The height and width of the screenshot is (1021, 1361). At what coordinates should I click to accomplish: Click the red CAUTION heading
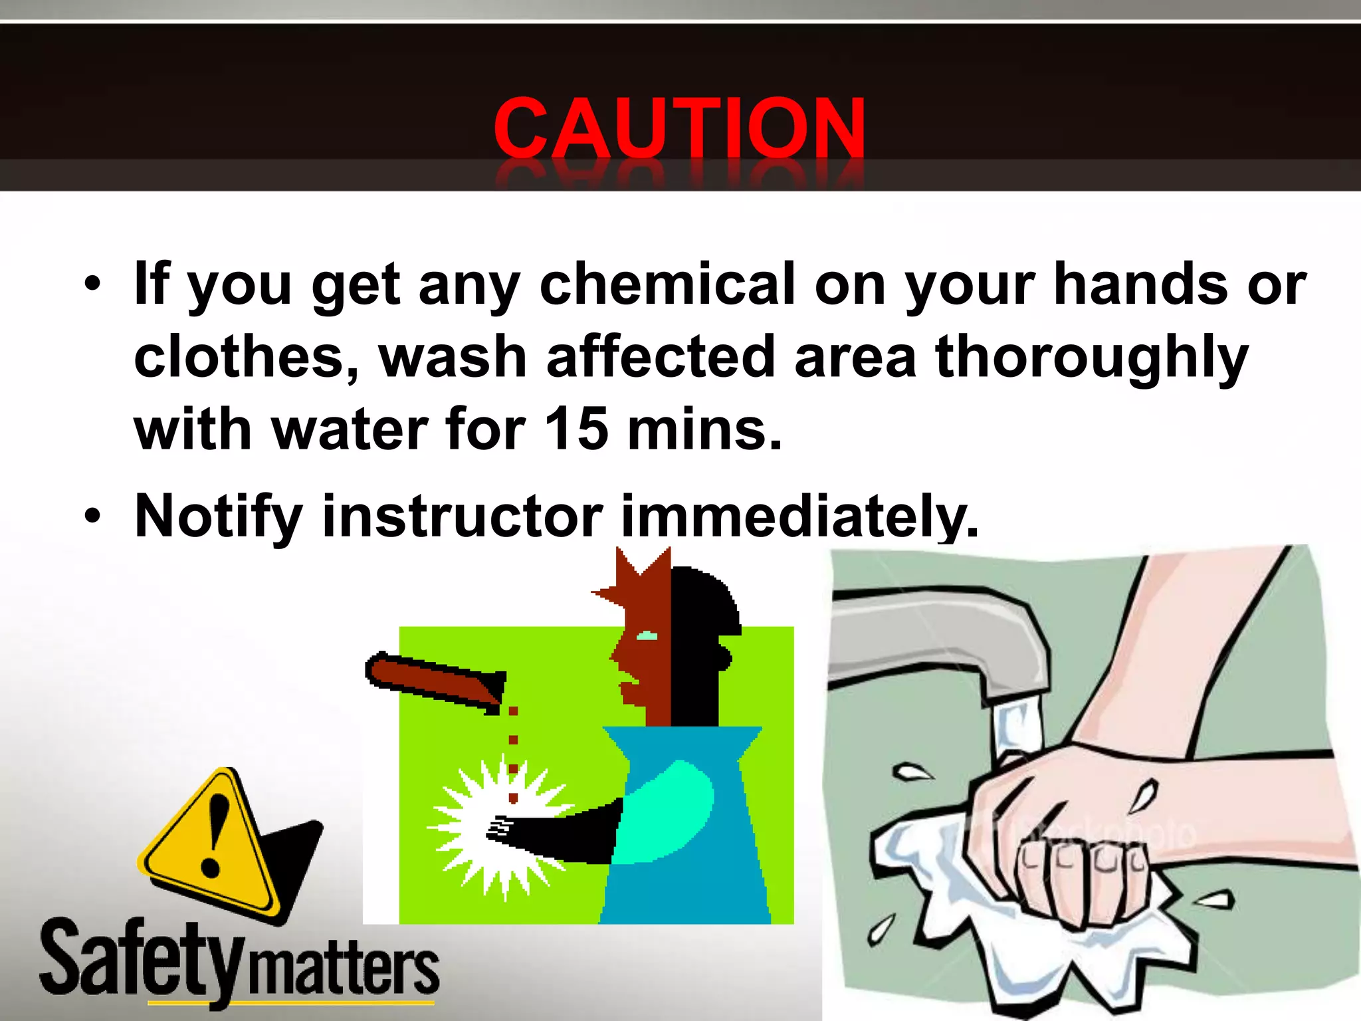pyautogui.click(x=679, y=128)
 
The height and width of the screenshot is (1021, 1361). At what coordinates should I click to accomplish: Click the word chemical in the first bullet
pyautogui.click(x=667, y=284)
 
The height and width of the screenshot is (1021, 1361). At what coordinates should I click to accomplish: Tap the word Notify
pyautogui.click(x=219, y=517)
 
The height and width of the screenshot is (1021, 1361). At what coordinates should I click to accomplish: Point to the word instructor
pyautogui.click(x=463, y=517)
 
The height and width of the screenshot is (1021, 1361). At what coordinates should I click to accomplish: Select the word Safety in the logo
pyautogui.click(x=140, y=961)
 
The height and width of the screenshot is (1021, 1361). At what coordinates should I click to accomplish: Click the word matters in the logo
pyautogui.click(x=343, y=970)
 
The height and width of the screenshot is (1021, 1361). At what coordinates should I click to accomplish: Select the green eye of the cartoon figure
pyautogui.click(x=647, y=637)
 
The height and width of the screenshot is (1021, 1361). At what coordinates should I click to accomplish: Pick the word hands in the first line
pyautogui.click(x=1140, y=284)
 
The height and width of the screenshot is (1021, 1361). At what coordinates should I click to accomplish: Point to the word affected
pyautogui.click(x=661, y=357)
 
